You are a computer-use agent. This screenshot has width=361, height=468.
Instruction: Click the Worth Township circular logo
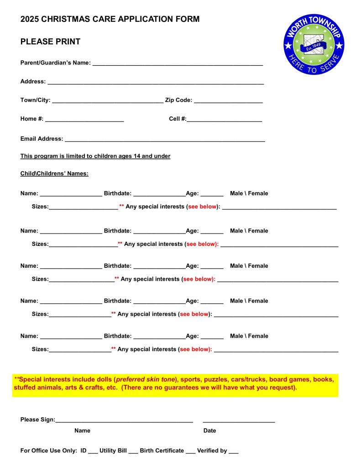pos(314,44)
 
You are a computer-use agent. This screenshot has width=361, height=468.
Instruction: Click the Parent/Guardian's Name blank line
pos(178,64)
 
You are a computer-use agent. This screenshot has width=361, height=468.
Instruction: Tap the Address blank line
pos(156,83)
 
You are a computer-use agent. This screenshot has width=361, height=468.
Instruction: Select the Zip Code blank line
pos(228,102)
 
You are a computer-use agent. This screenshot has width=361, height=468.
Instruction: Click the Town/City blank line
pos(108,102)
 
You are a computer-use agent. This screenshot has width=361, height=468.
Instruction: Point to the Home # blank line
pos(84,120)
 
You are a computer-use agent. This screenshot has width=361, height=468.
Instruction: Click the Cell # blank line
pos(224,120)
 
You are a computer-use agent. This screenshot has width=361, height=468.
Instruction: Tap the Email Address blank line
pos(165,140)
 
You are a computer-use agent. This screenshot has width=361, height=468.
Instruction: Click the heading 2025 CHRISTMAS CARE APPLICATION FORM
pos(110,19)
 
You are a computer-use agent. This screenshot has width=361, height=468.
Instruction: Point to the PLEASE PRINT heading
pos(50,42)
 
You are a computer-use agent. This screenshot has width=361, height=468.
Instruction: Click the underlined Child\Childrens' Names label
pos(54,174)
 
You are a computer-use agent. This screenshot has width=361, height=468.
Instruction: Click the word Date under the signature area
pos(209,431)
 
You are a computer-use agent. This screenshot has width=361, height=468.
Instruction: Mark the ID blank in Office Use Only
pos(93,452)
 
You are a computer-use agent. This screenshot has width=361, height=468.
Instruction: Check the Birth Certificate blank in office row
pos(191,452)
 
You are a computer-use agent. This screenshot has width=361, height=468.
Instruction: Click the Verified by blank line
pos(234,452)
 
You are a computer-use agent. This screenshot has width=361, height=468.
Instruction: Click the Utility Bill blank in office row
pos(133,452)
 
